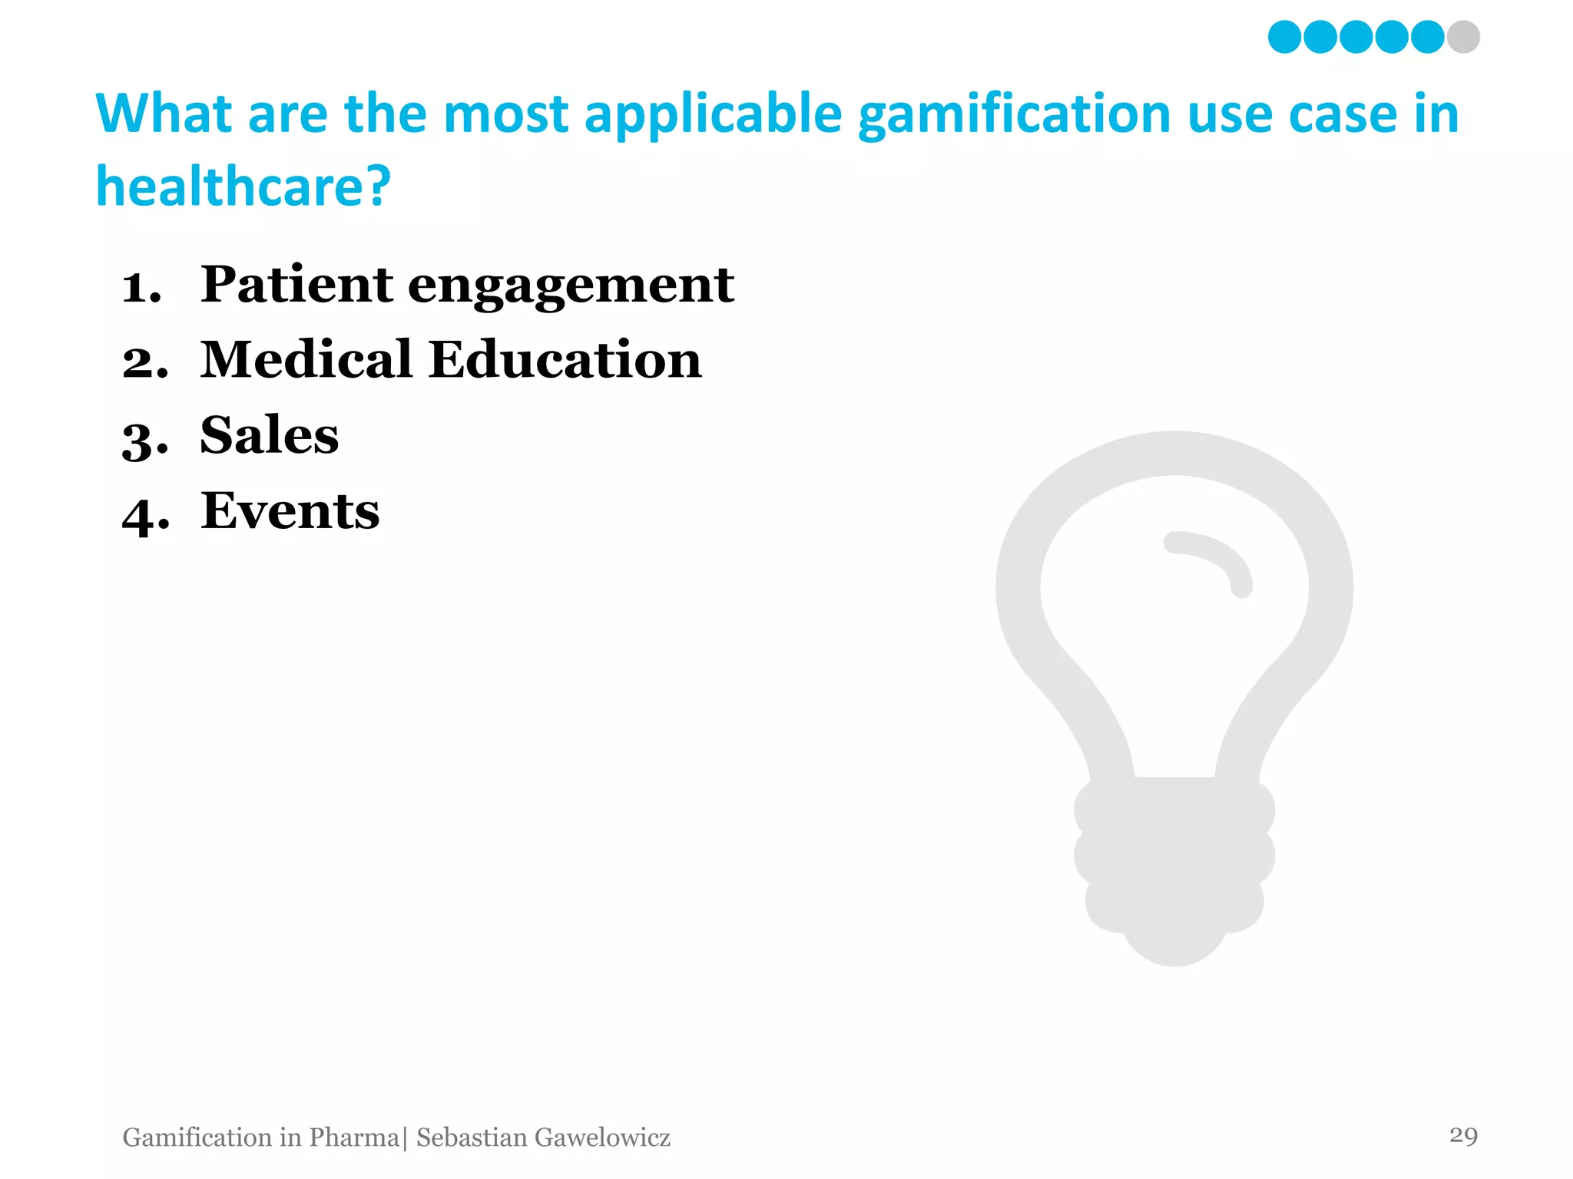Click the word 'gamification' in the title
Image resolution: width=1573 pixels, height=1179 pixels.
1015,115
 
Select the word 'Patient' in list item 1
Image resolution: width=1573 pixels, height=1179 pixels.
296,284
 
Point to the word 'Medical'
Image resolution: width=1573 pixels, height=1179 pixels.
306,359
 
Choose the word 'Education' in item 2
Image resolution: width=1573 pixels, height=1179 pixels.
565,359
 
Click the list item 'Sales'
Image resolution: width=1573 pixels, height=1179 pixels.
269,435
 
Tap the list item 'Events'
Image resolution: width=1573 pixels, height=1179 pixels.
290,510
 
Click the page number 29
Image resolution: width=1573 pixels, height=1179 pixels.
1463,1135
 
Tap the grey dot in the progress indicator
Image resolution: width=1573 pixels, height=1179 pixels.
1463,37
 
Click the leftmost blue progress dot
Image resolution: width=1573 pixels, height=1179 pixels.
1284,37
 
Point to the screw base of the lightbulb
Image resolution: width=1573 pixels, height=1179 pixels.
1174,860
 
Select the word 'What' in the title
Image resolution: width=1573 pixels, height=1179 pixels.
164,114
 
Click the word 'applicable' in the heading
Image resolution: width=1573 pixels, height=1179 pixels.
714,115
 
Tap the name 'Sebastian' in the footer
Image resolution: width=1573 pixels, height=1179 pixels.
472,1138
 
